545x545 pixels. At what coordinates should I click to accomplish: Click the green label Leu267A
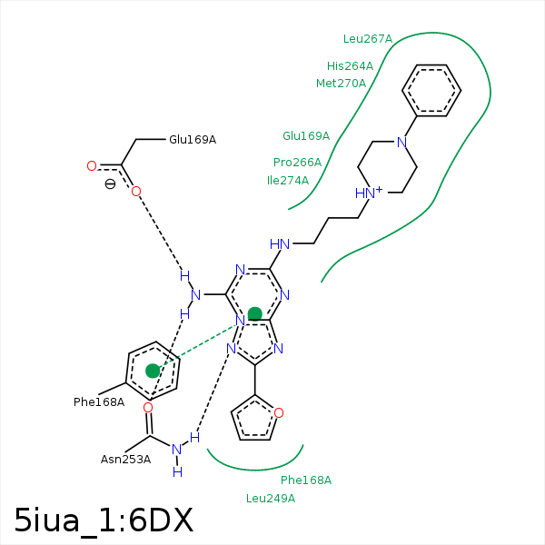tap(367, 39)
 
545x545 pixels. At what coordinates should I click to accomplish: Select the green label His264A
tap(350, 66)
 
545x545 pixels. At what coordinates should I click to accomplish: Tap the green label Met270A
tap(341, 84)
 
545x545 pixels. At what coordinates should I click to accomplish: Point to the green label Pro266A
tap(297, 163)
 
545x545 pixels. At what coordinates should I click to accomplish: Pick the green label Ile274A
tap(288, 181)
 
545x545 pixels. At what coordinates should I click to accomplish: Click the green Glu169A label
tap(306, 136)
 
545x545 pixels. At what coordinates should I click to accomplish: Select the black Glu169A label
tap(193, 140)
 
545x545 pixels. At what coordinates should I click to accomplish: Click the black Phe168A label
tap(99, 401)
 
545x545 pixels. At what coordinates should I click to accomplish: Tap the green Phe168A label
tap(306, 480)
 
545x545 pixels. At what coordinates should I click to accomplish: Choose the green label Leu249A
tap(271, 498)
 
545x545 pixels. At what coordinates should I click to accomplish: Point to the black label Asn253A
tap(125, 460)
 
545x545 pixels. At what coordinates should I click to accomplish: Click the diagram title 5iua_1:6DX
tap(104, 520)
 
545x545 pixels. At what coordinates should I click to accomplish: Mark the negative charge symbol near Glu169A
tap(110, 183)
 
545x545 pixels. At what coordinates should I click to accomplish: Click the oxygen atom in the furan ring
tap(278, 413)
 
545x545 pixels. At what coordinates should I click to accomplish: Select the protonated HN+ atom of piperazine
tap(368, 193)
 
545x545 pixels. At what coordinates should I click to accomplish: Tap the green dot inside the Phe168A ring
tap(153, 371)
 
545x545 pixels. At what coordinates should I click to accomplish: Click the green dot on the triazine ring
tap(255, 314)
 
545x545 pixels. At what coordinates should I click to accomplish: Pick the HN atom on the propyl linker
tap(280, 244)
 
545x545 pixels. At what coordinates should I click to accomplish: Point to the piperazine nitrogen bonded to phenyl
tap(401, 142)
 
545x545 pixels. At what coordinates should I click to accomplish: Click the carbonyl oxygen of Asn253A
tap(148, 408)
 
